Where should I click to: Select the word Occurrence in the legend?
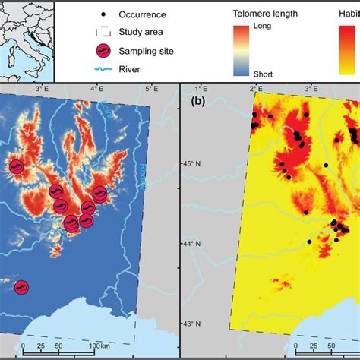point(147,15)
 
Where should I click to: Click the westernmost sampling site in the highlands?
point(16,167)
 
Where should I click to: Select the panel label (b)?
point(198,100)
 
